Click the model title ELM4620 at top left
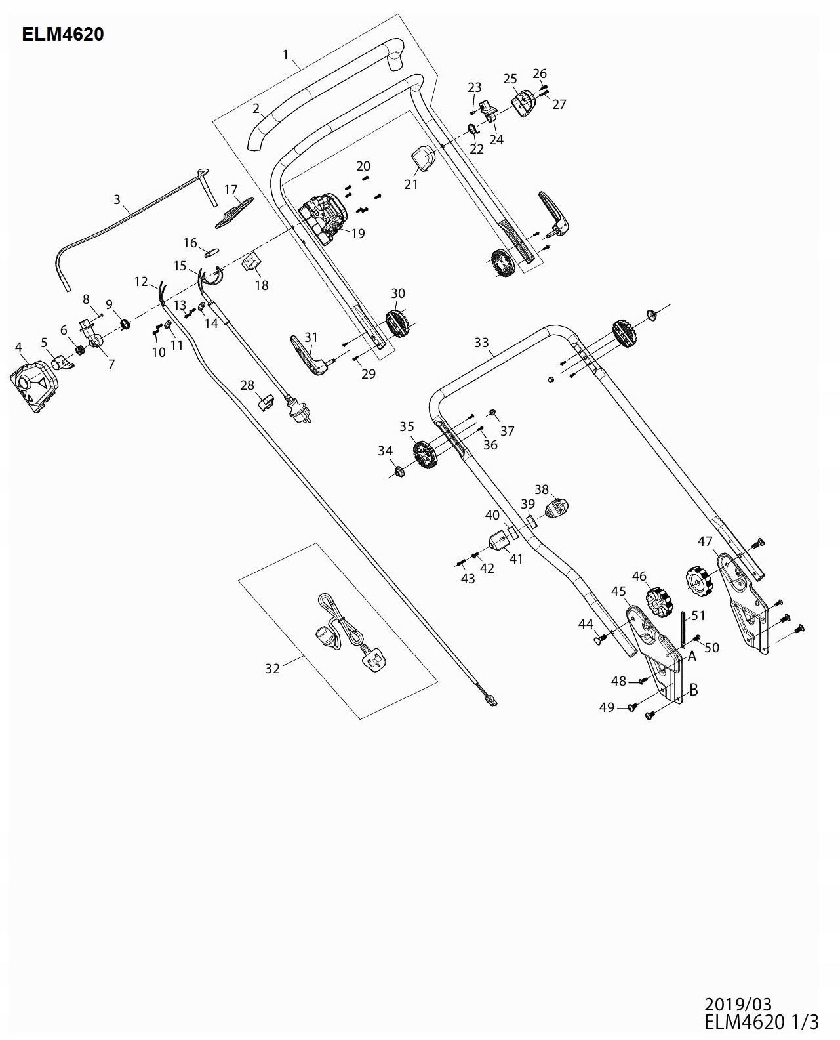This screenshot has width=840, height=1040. (x=63, y=34)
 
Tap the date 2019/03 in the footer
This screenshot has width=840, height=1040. (x=738, y=1005)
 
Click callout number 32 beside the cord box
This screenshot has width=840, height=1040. (x=272, y=669)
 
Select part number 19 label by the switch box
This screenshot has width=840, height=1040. (x=358, y=234)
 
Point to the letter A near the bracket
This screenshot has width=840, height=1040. (x=691, y=656)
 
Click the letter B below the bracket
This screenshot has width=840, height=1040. (x=693, y=690)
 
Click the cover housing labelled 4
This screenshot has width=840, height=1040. (x=34, y=386)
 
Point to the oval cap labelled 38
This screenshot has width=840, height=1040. (x=557, y=508)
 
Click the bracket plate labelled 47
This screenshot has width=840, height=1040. (x=744, y=600)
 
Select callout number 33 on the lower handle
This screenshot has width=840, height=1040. (x=481, y=343)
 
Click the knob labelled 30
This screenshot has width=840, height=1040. (x=397, y=323)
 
